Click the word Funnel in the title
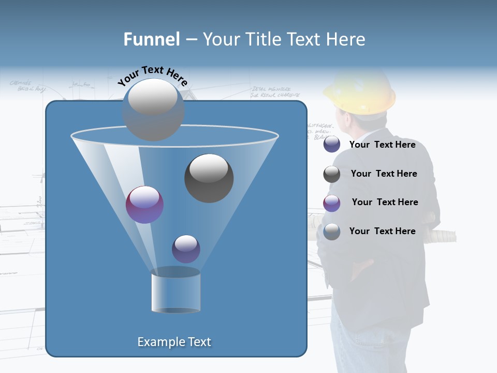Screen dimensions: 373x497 (151, 39)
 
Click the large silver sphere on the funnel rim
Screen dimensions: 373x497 (153, 109)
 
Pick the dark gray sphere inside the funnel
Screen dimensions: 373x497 (209, 178)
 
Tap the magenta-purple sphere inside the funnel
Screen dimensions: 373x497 (144, 205)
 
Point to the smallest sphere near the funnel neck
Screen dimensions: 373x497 (186, 249)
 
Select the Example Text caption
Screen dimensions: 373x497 (174, 342)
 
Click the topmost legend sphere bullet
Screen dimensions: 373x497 (332, 145)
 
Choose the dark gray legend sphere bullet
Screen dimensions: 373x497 (332, 174)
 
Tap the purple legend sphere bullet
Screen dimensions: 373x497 (332, 203)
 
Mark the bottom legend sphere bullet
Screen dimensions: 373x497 (332, 232)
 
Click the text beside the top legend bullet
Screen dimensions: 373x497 (382, 145)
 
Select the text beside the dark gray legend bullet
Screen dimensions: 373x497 (384, 174)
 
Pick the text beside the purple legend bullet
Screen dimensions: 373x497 (385, 203)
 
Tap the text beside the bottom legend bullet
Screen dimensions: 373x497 (382, 232)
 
